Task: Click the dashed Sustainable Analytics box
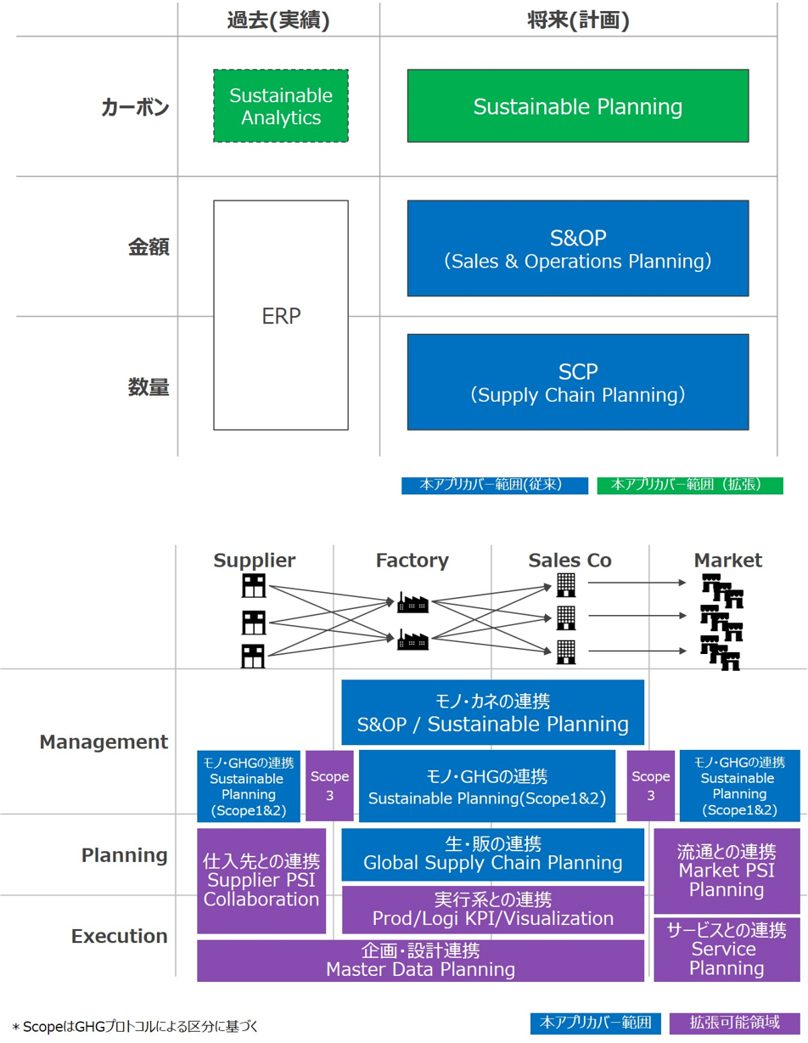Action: tap(280, 106)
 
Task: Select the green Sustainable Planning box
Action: tap(577, 106)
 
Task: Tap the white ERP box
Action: tap(280, 315)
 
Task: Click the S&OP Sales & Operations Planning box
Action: tap(577, 248)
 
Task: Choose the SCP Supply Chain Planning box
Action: tap(577, 382)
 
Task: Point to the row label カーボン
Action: tap(135, 108)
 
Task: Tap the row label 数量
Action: tap(149, 387)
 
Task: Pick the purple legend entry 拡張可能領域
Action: tap(734, 1023)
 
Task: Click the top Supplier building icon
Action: tap(253, 585)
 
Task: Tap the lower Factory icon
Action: tap(412, 640)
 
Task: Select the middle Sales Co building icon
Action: tap(566, 616)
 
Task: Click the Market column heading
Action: tap(727, 561)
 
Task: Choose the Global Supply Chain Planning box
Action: tap(492, 854)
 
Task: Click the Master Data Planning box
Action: tap(420, 961)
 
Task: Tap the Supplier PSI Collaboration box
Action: tap(261, 881)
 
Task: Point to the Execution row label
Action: tap(120, 936)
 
